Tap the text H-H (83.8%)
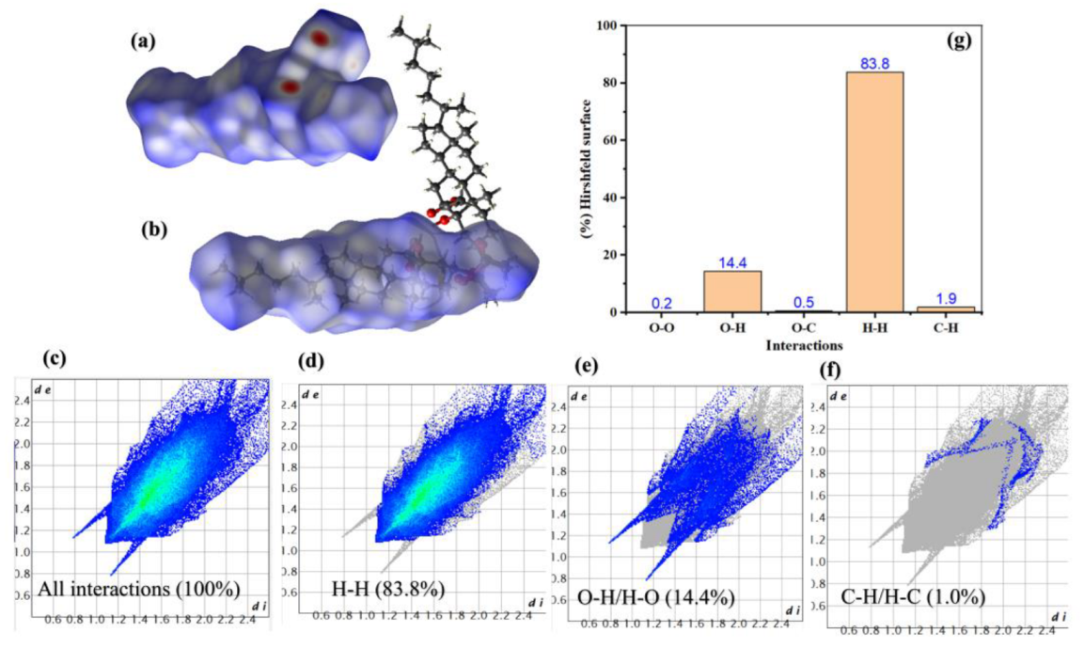[388, 590]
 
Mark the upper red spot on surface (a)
[320, 39]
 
